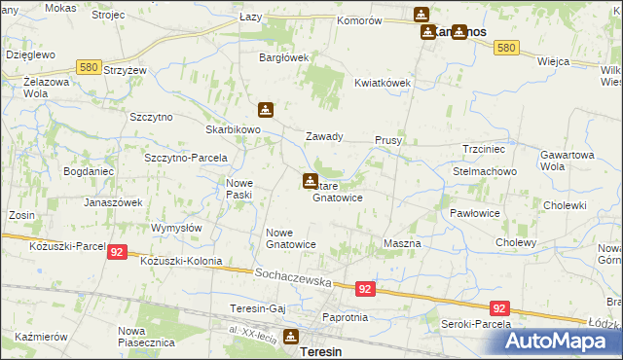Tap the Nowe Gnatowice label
pos(291,238)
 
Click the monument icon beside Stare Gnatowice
pos(310,180)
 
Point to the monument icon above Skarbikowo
pos(265,111)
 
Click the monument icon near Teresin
pos(290,337)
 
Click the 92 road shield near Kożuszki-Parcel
pos(117,250)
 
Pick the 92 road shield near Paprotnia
pos(364,289)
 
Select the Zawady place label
pos(325,137)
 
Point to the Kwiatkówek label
pos(384,83)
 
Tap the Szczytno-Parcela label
pos(186,158)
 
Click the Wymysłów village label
pos(176,228)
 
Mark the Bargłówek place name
pos(282,57)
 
